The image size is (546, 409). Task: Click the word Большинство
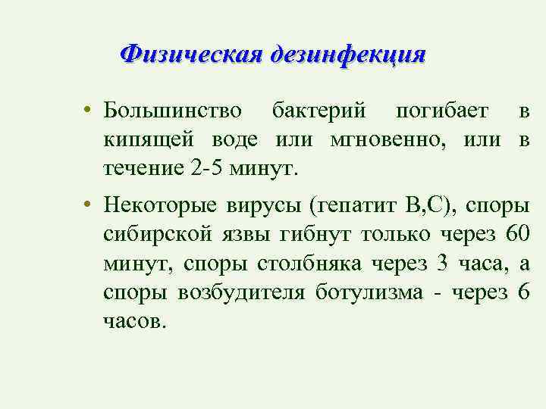(173, 112)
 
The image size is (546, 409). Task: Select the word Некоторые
(159, 207)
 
